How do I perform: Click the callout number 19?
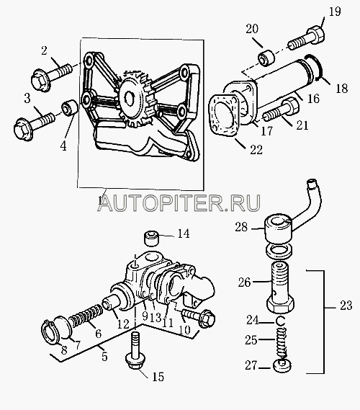pyautogui.click(x=335, y=12)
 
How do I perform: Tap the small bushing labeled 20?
pyautogui.click(x=266, y=58)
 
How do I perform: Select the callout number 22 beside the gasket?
pyautogui.click(x=256, y=150)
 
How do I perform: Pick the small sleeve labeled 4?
pyautogui.click(x=70, y=107)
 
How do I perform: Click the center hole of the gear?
pyautogui.click(x=130, y=97)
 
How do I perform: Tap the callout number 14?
pyautogui.click(x=184, y=233)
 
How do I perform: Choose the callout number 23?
pyautogui.click(x=346, y=306)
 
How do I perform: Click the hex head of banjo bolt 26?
pyautogui.click(x=281, y=305)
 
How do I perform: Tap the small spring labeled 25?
pyautogui.click(x=282, y=342)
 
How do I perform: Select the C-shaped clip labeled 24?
pyautogui.click(x=280, y=321)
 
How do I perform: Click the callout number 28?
pyautogui.click(x=241, y=227)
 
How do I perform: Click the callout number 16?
pyautogui.click(x=313, y=99)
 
